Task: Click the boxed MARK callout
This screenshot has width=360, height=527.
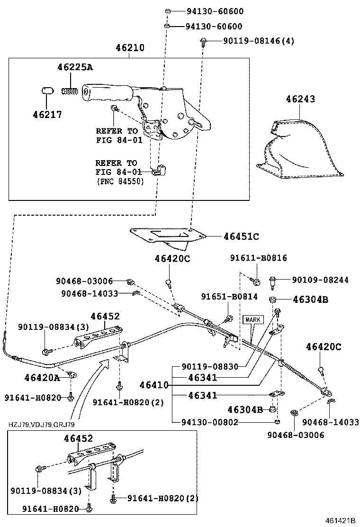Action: click(252, 319)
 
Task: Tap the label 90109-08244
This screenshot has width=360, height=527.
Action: click(320, 280)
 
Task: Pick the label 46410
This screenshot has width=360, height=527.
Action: click(154, 385)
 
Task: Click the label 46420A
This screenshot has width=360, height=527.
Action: click(42, 377)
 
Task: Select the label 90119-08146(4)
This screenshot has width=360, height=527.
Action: click(259, 41)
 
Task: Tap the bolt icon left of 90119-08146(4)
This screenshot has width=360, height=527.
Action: click(203, 42)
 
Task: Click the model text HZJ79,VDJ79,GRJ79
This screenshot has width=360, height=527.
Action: click(41, 425)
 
